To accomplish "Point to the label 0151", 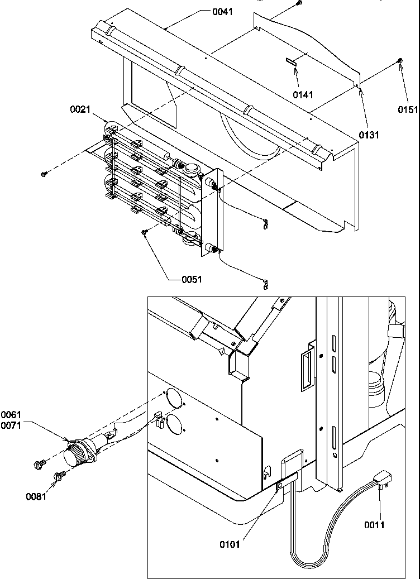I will pos(408,109).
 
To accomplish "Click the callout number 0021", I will pos(80,110).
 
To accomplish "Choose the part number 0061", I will pos(11,414).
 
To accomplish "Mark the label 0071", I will pos(11,423).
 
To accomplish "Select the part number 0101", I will pos(230,544).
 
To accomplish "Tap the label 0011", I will pos(375,524).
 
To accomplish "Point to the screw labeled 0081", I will pos(59,476).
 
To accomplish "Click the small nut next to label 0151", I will pos(400,61).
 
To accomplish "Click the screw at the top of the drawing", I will pos(298,3).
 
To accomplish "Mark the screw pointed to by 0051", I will pos(145,232).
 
